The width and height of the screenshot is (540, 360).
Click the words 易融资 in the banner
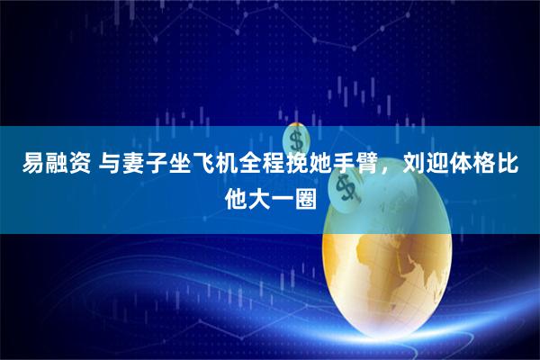coord(52,166)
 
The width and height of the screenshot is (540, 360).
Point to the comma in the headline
coord(375,171)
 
